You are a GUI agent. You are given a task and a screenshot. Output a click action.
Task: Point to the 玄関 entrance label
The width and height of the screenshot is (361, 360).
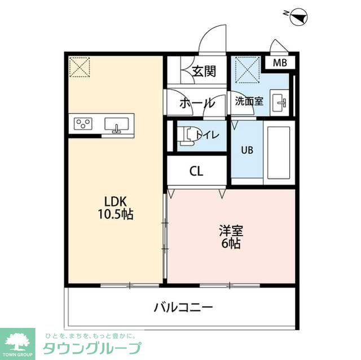(x=203, y=72)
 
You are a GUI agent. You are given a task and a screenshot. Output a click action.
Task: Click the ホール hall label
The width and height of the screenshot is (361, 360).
(x=197, y=103)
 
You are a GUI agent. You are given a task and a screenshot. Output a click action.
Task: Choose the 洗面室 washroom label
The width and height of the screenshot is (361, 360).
(x=249, y=102)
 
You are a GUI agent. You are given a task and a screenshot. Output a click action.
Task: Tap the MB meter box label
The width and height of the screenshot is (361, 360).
(x=280, y=63)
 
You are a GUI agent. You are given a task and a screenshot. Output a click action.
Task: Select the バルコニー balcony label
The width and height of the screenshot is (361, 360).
(x=183, y=308)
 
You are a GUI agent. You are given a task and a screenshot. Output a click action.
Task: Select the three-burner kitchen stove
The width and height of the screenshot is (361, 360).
(x=84, y=124)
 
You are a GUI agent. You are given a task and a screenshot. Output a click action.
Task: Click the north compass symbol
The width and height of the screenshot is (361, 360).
(x=297, y=18)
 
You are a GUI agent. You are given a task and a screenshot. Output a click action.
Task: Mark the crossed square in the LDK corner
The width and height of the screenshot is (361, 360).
(x=80, y=66)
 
